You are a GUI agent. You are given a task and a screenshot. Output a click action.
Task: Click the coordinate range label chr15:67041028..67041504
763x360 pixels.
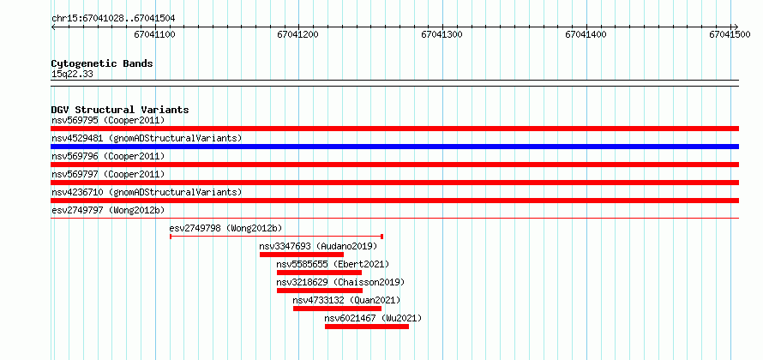[x=113, y=19]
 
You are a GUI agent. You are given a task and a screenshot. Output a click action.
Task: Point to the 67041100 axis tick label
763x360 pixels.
[x=154, y=34]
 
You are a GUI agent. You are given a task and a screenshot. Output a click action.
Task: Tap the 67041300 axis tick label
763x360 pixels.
[x=442, y=34]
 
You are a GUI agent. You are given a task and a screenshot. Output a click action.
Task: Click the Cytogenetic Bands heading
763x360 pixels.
[x=102, y=63]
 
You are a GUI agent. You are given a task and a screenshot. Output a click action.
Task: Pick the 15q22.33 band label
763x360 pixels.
[x=72, y=75]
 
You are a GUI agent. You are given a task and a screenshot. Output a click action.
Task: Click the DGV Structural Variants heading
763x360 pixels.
[x=120, y=110]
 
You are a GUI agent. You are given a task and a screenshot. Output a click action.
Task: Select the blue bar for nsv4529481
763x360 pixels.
[x=394, y=147]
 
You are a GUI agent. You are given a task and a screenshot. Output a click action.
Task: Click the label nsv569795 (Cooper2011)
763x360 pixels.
[x=108, y=120]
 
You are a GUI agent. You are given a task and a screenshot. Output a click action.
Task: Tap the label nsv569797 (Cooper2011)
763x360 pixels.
[x=108, y=174]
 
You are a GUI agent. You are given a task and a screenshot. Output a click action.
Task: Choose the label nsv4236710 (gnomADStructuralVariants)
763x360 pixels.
[x=147, y=192]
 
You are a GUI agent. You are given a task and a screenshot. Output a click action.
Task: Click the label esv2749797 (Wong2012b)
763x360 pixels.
[x=108, y=210]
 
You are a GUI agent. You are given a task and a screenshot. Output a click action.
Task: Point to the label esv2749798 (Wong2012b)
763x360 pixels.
[x=225, y=228]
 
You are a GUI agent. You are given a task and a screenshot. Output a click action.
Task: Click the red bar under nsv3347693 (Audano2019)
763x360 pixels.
[x=302, y=255]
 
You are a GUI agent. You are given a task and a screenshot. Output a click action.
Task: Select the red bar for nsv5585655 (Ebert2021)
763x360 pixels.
[x=319, y=273]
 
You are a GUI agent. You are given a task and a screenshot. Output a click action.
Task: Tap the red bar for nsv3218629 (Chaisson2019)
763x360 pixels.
[x=320, y=291]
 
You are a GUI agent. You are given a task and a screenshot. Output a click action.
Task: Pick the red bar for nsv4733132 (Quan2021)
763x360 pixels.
[x=337, y=309]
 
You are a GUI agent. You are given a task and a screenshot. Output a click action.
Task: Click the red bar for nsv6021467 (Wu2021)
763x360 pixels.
[x=367, y=327]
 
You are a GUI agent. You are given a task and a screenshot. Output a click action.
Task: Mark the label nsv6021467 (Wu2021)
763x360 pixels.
[x=373, y=319]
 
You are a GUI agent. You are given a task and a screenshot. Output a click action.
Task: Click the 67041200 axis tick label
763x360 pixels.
[x=297, y=34]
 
